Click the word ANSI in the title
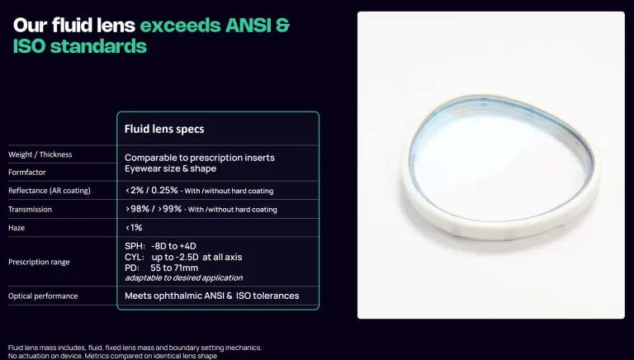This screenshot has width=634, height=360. click(x=248, y=25)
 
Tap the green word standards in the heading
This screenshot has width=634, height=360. click(x=98, y=45)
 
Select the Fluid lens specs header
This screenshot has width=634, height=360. click(x=164, y=129)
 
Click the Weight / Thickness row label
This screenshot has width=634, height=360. click(x=40, y=154)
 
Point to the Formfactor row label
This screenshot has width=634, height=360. click(x=27, y=173)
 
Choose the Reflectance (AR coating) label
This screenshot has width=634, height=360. click(x=50, y=191)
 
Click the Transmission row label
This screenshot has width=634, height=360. click(x=30, y=210)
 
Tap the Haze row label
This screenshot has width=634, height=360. click(x=17, y=228)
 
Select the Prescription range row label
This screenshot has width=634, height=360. click(x=39, y=262)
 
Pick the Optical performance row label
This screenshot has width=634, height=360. click(x=43, y=296)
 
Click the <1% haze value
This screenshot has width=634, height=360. click(x=134, y=228)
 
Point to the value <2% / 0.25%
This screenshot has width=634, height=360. click(x=152, y=190)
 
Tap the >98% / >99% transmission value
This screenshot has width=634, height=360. click(x=154, y=209)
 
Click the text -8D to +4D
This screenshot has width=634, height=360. click(x=173, y=246)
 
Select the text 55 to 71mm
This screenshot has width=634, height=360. click(x=174, y=268)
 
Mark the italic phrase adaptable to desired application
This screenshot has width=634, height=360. click(x=184, y=278)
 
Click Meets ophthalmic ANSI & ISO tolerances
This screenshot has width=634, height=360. click(x=212, y=296)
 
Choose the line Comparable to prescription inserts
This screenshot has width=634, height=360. click(x=200, y=158)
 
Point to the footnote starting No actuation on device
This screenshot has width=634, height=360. click(x=112, y=356)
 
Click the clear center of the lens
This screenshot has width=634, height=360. click(x=499, y=170)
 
